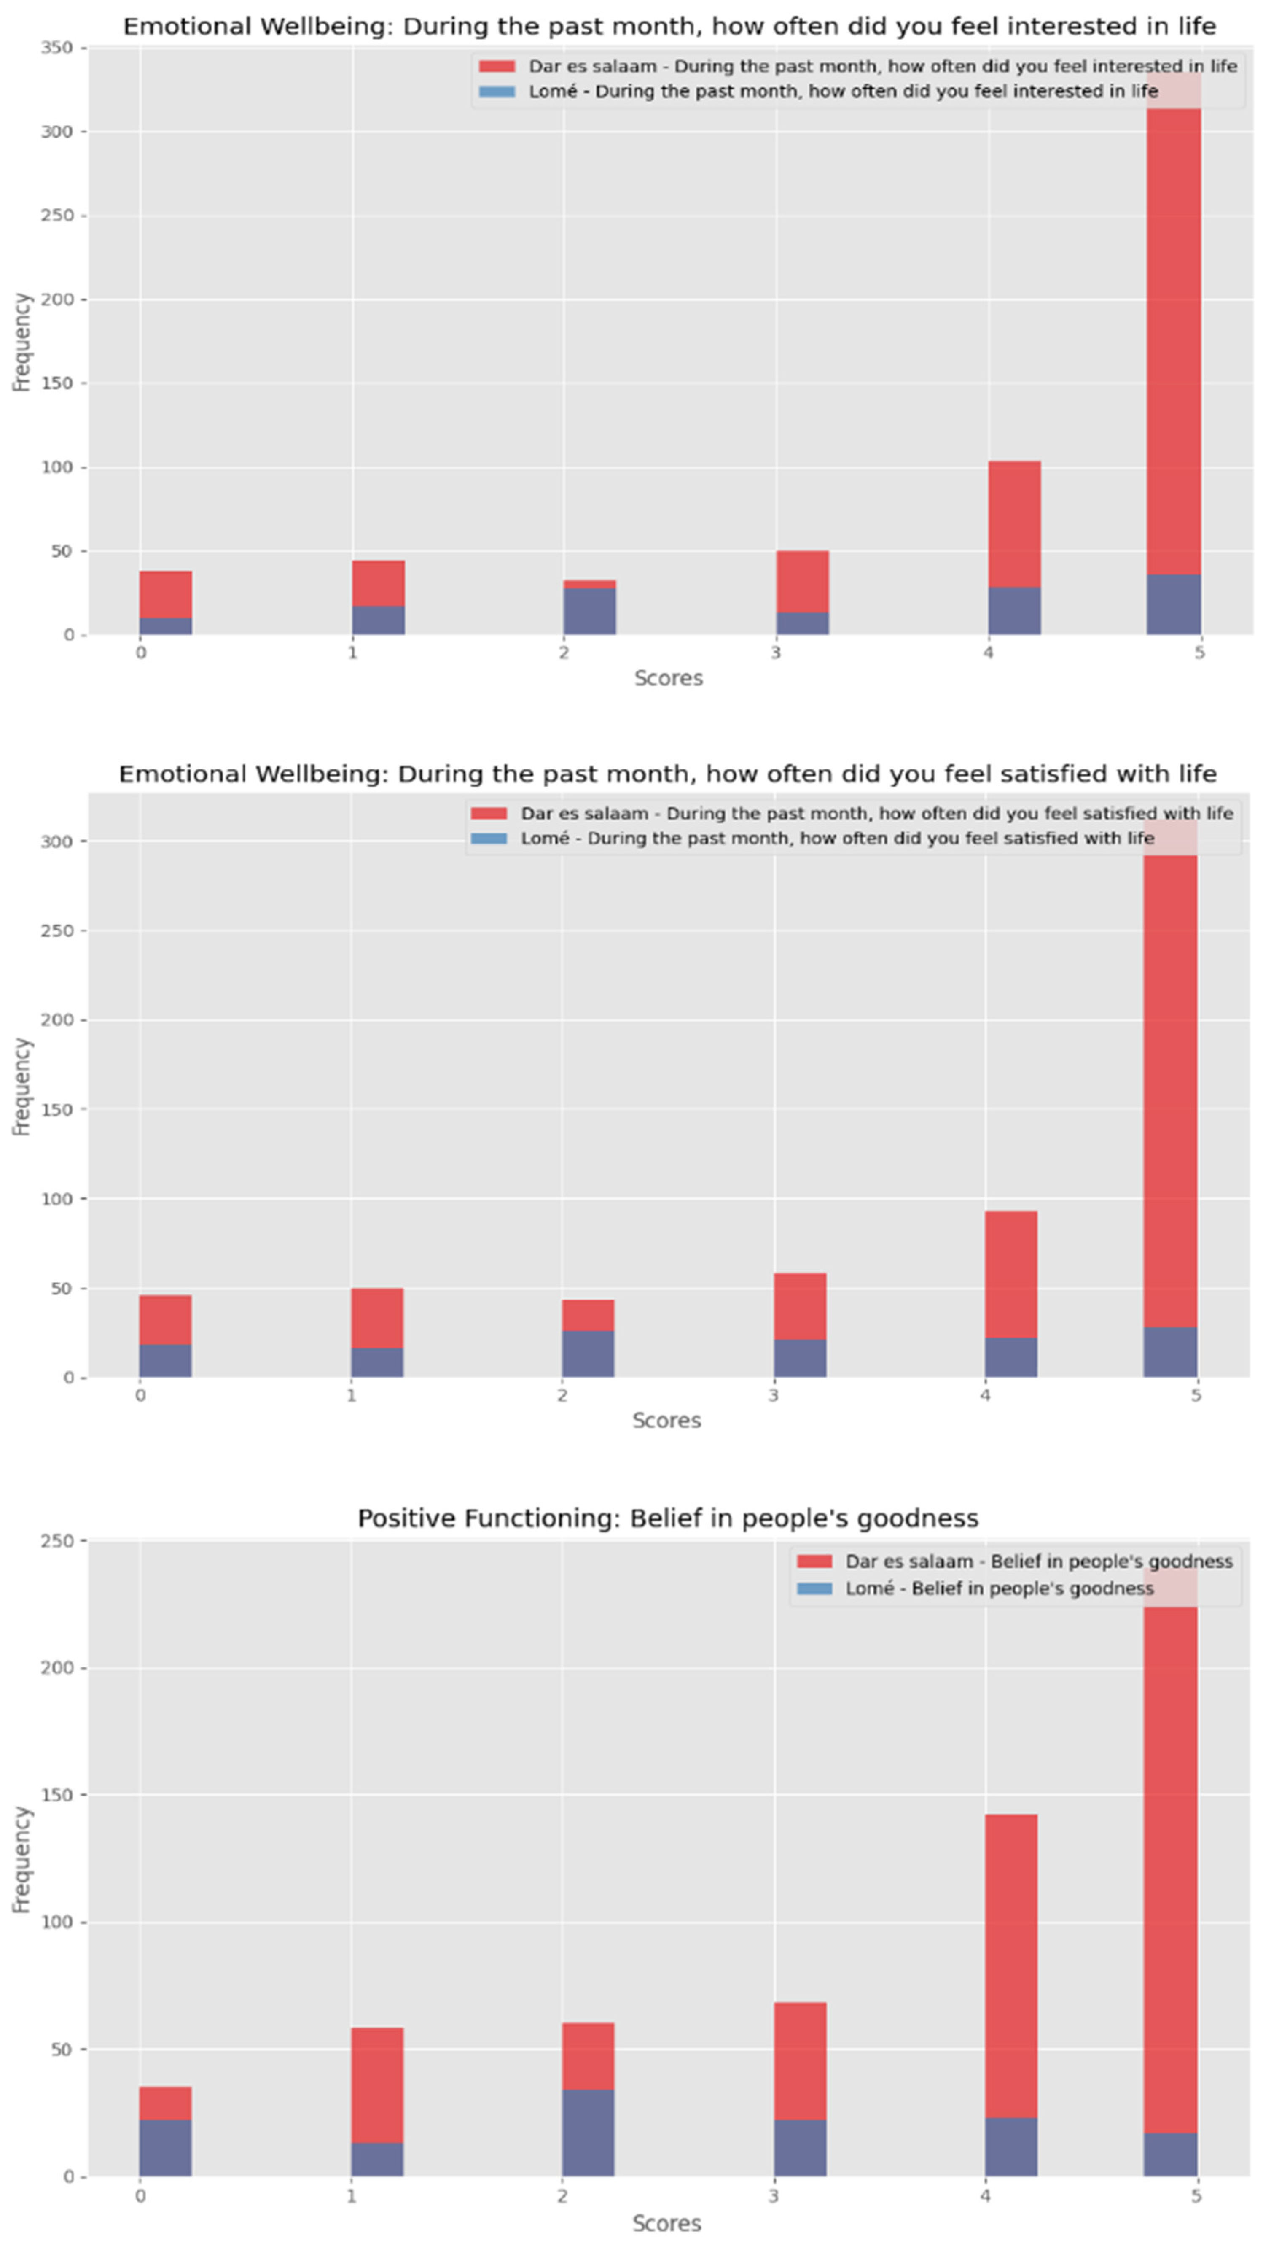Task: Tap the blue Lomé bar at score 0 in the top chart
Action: coord(166,626)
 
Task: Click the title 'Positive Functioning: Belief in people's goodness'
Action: coord(668,1518)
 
